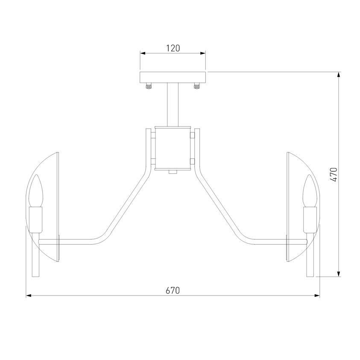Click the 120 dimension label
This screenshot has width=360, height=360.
[173, 48]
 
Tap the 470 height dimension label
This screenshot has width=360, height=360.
[334, 175]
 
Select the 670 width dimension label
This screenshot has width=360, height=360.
[173, 291]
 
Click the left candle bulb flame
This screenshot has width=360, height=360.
[36, 190]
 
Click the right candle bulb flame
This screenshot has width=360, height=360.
[310, 190]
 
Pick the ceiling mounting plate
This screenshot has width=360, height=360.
[173, 77]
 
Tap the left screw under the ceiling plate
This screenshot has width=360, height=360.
[149, 86]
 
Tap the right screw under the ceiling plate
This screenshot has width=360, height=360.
[197, 86]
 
